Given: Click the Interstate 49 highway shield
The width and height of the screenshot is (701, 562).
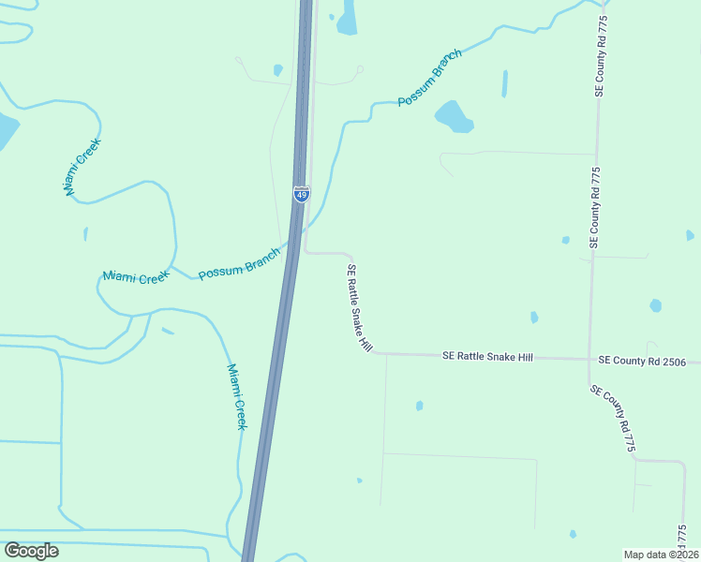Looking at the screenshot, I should coord(301,194).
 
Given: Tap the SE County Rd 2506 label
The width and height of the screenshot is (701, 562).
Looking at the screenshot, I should coord(642,361).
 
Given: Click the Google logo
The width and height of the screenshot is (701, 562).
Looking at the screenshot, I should coord(31,551).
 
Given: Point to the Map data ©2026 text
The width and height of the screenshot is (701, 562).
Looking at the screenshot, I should coord(661,555).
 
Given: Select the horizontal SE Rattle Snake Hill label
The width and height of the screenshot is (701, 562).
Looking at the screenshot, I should coord(487,357).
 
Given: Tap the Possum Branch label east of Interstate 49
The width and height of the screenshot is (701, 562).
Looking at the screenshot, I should coord(429,78).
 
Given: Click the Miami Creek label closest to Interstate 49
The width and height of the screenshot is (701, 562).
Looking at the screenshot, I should coord(238,397).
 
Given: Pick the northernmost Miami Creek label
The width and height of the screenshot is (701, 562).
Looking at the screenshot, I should coord(82,167).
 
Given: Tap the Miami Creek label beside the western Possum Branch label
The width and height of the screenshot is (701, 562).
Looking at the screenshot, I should coord(137,276).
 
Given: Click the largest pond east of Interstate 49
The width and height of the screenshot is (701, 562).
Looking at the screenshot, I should coord(453,116).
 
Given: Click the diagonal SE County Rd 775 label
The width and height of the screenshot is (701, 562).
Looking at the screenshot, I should coord(614,419).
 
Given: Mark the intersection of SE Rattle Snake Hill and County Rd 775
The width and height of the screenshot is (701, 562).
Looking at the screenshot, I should coord(590,359).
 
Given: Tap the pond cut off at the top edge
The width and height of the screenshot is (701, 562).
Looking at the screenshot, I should coord(347,17).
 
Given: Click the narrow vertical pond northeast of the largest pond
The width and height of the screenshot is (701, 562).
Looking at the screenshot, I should coord(504,83).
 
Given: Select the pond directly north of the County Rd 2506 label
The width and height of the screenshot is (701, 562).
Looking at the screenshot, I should coord(655,305).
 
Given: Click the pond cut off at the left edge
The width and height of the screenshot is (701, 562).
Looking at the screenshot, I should coord(7,131).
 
